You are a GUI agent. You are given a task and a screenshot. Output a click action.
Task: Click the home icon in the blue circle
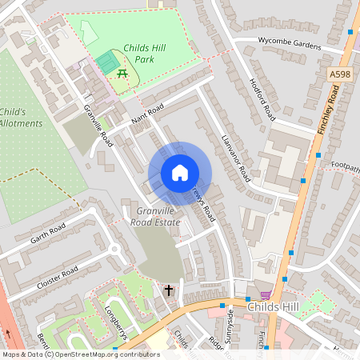click(x=180, y=173)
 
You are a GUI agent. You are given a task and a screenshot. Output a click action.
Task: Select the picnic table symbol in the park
click(x=123, y=74)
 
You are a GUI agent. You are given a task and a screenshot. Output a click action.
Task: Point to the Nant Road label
click(x=146, y=117)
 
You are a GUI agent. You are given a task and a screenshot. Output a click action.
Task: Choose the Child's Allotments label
click(x=15, y=118)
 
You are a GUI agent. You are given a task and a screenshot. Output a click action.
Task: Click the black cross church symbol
click(x=169, y=290)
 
